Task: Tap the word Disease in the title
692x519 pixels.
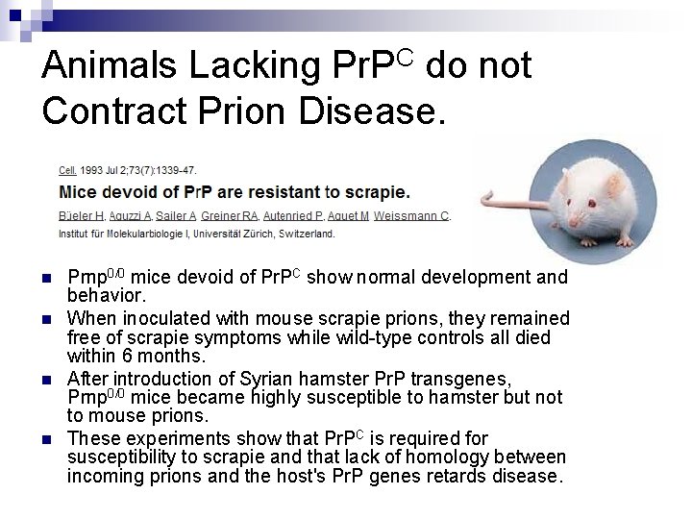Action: [376, 111]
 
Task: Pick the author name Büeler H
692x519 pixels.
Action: [82, 217]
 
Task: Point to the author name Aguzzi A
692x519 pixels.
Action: [132, 217]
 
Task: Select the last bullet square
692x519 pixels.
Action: [47, 438]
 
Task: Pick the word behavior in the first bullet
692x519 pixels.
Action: [104, 296]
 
